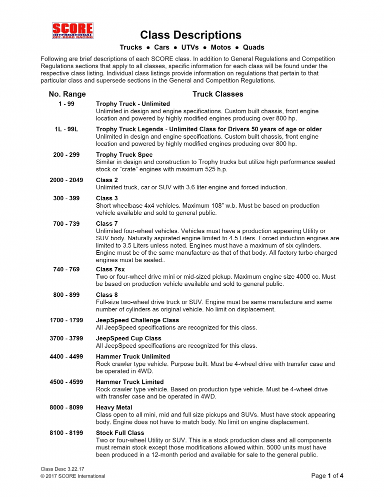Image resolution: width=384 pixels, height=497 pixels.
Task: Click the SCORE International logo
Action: click(72, 31)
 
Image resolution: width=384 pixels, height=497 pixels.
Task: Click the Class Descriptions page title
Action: click(190, 35)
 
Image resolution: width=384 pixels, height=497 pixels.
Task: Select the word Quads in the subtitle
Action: click(253, 48)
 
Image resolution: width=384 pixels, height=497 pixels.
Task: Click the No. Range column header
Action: click(67, 94)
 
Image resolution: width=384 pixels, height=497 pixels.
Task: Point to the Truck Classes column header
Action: click(217, 94)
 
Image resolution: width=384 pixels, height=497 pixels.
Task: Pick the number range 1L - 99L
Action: click(66, 129)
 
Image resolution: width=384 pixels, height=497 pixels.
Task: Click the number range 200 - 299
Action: click(66, 155)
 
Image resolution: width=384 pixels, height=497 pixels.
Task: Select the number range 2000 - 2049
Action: click(66, 180)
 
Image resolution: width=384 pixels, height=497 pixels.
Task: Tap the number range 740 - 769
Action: click(66, 269)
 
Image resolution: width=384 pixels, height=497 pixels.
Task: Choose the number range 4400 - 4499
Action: click(66, 356)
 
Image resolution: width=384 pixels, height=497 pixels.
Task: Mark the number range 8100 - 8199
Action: click(66, 432)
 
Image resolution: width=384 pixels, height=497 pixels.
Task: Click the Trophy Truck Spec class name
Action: click(124, 155)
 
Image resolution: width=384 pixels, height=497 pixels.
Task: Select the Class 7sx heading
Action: click(110, 270)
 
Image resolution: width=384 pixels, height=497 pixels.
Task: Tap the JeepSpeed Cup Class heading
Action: click(128, 339)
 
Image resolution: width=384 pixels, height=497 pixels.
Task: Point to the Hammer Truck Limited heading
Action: click(129, 382)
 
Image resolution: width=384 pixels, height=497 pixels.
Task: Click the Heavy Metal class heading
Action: click(114, 408)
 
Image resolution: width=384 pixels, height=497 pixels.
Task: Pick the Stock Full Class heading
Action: click(120, 433)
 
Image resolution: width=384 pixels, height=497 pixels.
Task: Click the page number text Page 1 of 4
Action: click(327, 476)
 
